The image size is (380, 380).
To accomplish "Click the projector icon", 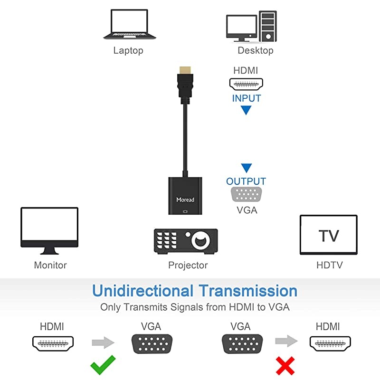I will tap(186, 240).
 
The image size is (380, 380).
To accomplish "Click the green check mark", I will tap(103, 364).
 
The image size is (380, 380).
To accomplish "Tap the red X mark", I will tap(285, 365).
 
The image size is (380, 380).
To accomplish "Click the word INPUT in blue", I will tap(247, 99).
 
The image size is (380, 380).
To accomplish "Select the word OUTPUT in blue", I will tap(246, 181).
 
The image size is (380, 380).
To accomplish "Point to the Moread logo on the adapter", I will tap(185, 199).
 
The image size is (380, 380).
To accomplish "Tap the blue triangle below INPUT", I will tap(246, 111).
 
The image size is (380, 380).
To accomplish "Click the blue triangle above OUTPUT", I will tap(246, 168).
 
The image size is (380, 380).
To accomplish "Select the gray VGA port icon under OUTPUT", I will tap(247, 195).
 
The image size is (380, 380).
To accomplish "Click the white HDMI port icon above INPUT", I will tap(246, 84).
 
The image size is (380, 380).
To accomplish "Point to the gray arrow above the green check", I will tap(103, 342).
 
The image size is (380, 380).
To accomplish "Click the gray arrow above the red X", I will tap(285, 341).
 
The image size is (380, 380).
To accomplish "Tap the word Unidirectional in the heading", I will tap(142, 291).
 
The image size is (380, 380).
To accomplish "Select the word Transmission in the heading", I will tap(248, 291).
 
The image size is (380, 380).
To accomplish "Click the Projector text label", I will tap(188, 265).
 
